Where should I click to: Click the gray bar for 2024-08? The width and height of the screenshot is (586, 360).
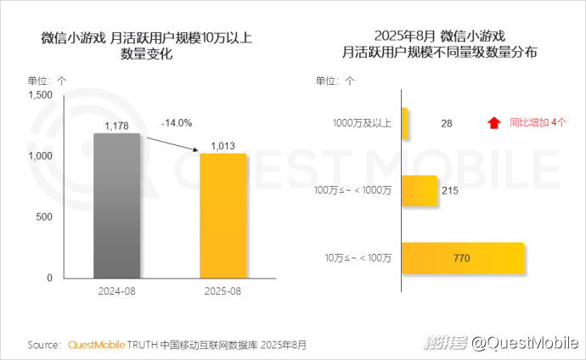[116, 205]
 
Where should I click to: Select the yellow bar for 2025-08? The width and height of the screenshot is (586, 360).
[223, 216]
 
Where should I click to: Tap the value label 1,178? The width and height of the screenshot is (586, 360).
[116, 126]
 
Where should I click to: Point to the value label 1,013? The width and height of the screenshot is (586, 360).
[223, 145]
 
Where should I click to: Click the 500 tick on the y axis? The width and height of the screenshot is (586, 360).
[45, 217]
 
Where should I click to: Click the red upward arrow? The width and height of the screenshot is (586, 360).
[493, 123]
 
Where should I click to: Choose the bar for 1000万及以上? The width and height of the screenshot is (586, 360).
[405, 123]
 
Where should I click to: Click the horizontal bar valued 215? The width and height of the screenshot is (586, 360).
[419, 190]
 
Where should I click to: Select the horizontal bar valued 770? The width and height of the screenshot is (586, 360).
[463, 257]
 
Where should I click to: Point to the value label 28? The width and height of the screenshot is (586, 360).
[447, 123]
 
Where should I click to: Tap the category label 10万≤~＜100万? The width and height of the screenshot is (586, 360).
[358, 257]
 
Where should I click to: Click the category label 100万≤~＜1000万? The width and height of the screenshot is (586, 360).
[352, 190]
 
